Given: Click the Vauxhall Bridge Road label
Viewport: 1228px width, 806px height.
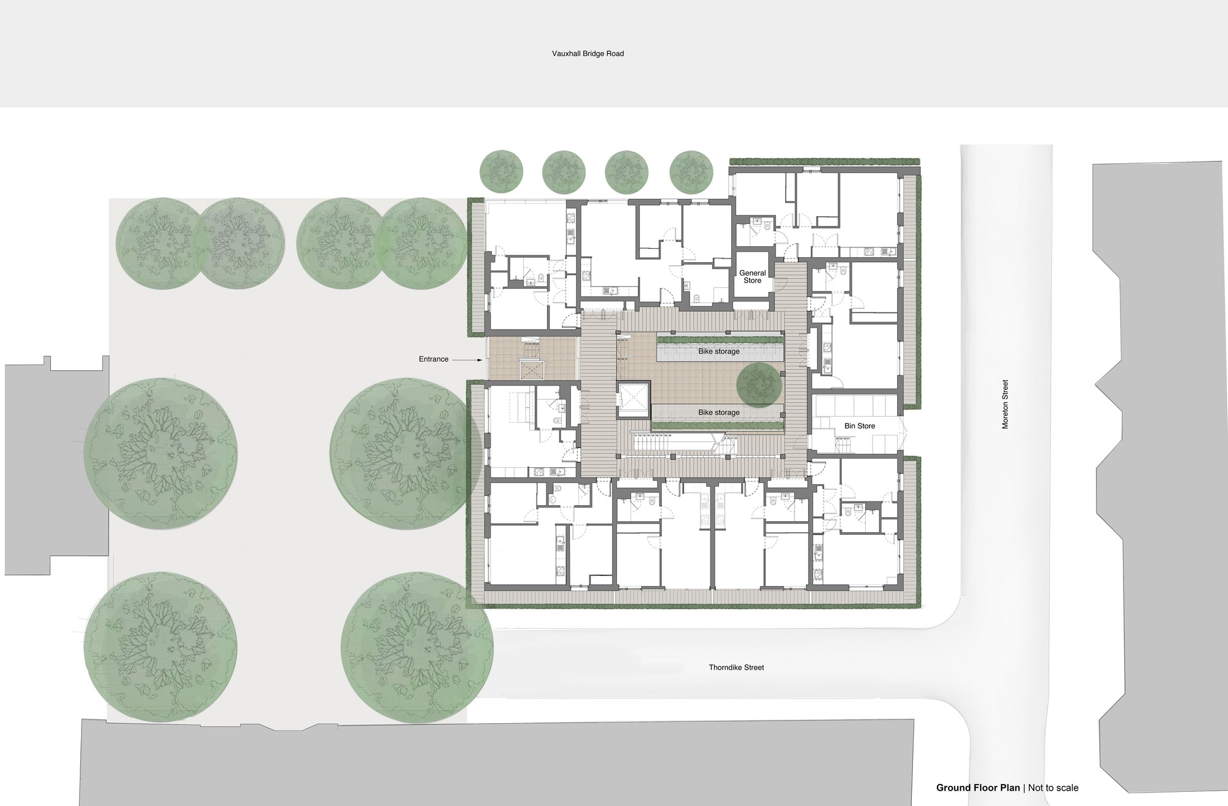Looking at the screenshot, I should click(x=588, y=53).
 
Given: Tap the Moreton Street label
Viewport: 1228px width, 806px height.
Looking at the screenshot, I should click(x=1005, y=404).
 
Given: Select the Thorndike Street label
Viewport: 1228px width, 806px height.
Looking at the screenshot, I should click(x=736, y=667).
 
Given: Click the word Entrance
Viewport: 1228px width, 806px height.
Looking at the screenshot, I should click(x=433, y=359).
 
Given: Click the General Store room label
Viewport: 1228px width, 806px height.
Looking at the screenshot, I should click(x=752, y=277).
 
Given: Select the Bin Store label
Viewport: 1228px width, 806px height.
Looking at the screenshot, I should click(x=860, y=425).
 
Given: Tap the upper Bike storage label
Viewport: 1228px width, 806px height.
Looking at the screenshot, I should click(x=718, y=352).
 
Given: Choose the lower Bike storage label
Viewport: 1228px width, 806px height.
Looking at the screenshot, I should click(x=718, y=413).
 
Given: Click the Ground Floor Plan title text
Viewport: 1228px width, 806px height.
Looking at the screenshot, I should click(x=977, y=788).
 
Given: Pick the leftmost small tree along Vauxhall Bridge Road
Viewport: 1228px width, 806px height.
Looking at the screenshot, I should click(x=502, y=170).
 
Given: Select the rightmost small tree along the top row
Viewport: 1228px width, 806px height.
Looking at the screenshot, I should click(x=691, y=170).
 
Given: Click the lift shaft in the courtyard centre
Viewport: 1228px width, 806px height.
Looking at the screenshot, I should click(x=633, y=399).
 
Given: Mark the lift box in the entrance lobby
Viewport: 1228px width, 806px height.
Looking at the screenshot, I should click(x=532, y=371).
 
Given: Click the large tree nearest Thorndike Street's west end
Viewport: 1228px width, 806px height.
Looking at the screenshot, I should click(x=418, y=648).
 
